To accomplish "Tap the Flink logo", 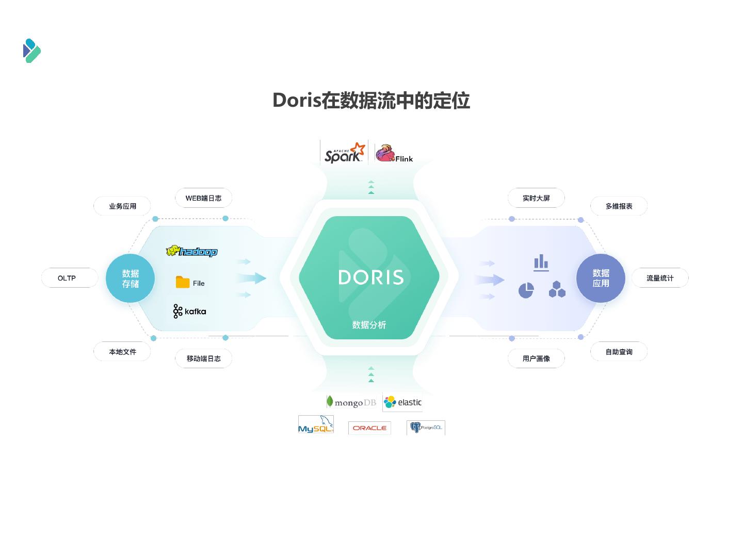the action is tap(394, 153).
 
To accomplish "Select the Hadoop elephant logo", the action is tap(191, 251).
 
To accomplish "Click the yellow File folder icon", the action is tap(183, 282).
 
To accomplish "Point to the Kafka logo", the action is tap(189, 311).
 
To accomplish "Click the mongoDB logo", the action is tap(351, 402).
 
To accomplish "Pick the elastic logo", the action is tap(402, 402).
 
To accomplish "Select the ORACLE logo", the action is tap(369, 428).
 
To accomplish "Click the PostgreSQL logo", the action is tap(426, 428).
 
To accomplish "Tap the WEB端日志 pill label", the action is tap(203, 198).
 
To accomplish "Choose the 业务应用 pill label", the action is tap(122, 206).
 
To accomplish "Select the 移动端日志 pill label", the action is tap(203, 358).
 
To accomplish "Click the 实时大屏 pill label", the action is tap(536, 198).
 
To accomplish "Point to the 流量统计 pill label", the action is tap(660, 278).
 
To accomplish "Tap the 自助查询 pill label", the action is tap(619, 352).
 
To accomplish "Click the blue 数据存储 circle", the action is tap(131, 278).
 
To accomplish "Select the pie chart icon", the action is tap(526, 290).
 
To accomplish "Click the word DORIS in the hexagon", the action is tap(371, 277).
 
